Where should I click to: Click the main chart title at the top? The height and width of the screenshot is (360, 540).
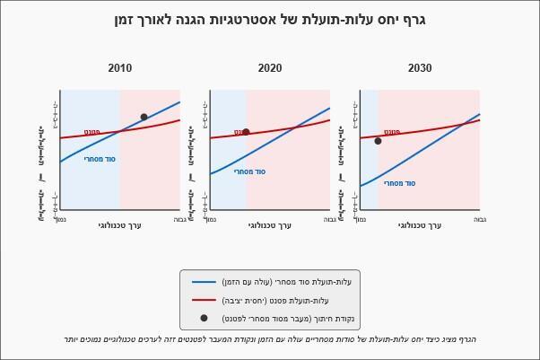[270, 20]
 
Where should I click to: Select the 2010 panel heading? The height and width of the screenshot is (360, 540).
[120, 68]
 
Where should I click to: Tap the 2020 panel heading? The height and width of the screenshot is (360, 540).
[270, 68]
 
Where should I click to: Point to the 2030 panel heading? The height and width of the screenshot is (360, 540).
[420, 68]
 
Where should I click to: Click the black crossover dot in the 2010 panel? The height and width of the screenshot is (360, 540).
[144, 117]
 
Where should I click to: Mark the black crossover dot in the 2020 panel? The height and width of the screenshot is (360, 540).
[246, 132]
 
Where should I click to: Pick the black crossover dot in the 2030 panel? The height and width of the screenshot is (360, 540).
[378, 141]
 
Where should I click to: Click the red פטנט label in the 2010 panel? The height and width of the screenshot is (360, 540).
[92, 132]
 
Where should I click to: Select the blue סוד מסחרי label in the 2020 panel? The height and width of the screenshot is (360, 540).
[250, 171]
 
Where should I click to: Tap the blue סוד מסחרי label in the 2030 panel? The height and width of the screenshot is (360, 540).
[400, 183]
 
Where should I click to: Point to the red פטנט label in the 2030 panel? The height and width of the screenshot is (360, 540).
[392, 132]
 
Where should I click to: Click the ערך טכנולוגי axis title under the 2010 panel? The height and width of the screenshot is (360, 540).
[120, 225]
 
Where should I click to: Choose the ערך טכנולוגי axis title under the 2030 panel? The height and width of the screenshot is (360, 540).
[420, 225]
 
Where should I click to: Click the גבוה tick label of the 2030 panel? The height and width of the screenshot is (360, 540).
[480, 219]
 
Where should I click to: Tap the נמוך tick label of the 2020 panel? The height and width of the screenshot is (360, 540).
[211, 219]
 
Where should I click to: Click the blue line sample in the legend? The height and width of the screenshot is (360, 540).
[205, 282]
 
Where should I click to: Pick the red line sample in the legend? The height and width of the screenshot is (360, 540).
[205, 300]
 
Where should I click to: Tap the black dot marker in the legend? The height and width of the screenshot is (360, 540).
[204, 318]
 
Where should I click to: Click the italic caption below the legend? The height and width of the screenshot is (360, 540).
[270, 339]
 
